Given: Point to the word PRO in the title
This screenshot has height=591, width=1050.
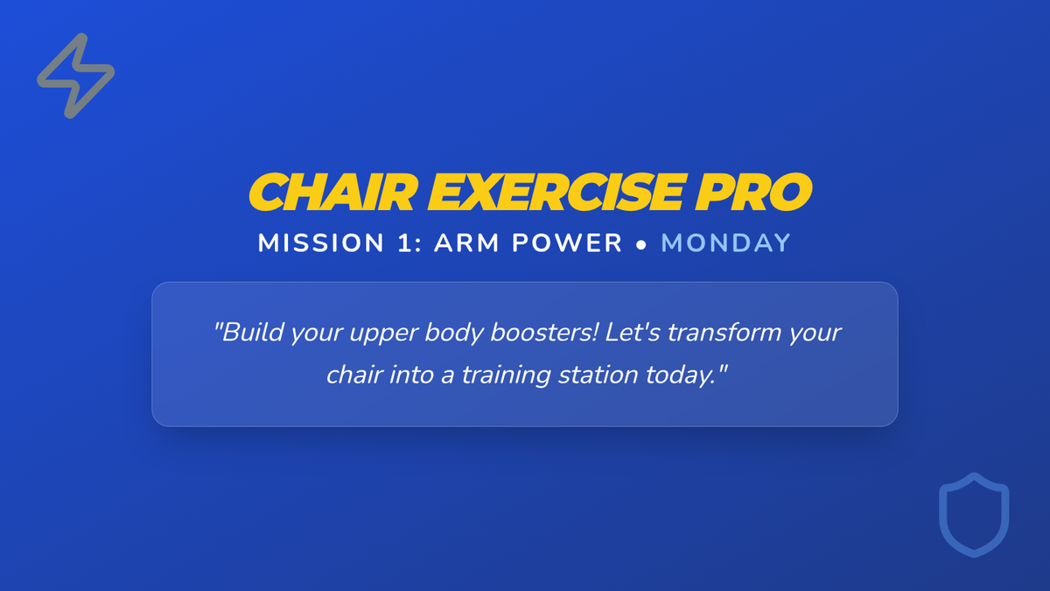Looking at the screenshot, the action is [x=753, y=192].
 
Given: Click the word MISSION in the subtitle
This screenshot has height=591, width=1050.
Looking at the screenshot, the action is [x=321, y=243].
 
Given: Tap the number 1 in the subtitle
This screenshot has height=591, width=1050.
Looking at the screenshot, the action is [x=404, y=243].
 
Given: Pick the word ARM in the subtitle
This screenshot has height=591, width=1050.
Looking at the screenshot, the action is [x=467, y=243].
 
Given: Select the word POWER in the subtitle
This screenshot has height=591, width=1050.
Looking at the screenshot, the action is [x=567, y=243].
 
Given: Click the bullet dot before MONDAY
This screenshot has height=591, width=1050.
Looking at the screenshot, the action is [x=641, y=245].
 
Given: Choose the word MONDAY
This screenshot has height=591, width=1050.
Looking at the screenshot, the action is [x=726, y=243].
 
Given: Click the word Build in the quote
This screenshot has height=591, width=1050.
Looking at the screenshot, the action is [x=248, y=333].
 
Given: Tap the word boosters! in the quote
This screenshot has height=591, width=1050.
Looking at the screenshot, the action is [x=544, y=333].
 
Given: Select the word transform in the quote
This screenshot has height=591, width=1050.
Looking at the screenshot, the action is [x=724, y=333].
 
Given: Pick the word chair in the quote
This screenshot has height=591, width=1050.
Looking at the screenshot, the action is [x=354, y=375].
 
